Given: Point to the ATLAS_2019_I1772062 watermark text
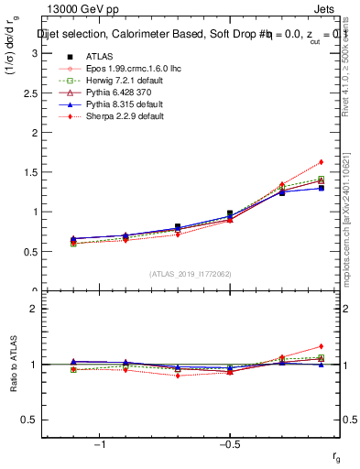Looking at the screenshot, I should pyautogui.click(x=190, y=274).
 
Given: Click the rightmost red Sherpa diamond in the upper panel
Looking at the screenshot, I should pyautogui.click(x=322, y=162).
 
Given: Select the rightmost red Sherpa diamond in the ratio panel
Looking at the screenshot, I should pyautogui.click(x=322, y=346).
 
